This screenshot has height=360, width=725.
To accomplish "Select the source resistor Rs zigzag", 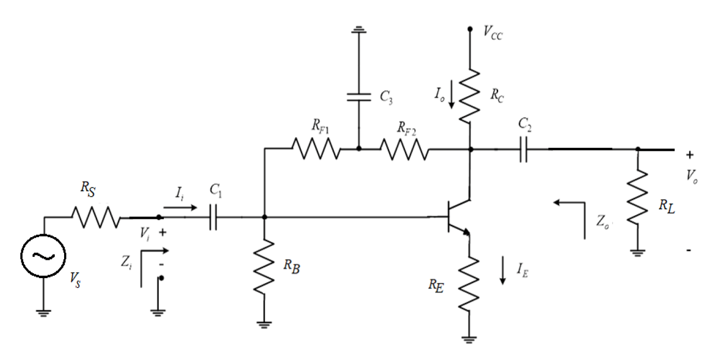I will [x=96, y=217].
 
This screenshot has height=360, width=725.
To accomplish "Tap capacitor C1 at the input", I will [x=213, y=217].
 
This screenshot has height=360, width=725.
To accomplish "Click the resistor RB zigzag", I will [x=264, y=266].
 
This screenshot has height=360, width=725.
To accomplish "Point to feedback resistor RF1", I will [x=316, y=148].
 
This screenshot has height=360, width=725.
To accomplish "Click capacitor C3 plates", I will [x=359, y=97].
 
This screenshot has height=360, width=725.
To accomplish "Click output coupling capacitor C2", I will [x=523, y=148].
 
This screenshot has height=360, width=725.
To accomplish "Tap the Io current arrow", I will [x=452, y=94].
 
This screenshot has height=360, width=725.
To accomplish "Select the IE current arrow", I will [x=503, y=270].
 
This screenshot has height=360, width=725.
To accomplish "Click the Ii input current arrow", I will [x=179, y=207].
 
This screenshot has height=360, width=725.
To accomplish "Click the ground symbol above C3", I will [x=359, y=31].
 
